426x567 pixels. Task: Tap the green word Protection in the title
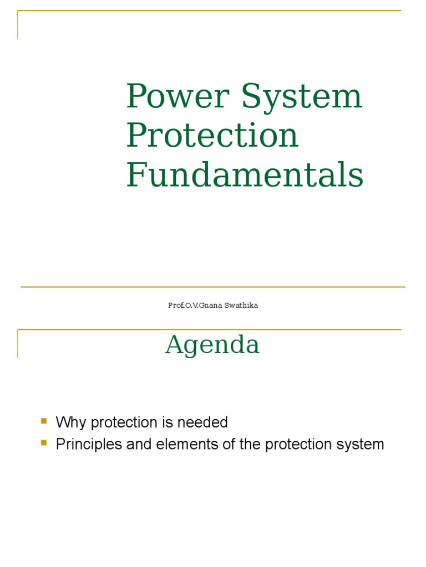(x=212, y=136)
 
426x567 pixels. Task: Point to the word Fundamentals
(x=245, y=175)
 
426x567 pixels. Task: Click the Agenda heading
(x=212, y=345)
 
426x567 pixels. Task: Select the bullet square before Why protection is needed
(x=44, y=421)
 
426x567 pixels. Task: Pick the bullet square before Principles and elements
(x=44, y=443)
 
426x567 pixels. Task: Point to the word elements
(x=169, y=445)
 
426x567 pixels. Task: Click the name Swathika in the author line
(x=241, y=306)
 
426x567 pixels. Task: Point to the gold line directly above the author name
(x=213, y=287)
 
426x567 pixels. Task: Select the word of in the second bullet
(x=207, y=445)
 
